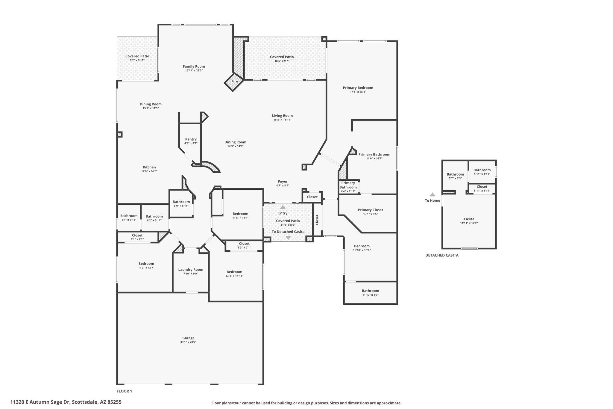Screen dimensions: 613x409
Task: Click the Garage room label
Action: coord(188,338)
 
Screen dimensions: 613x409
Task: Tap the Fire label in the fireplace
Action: coord(235,82)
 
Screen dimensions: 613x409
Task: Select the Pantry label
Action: coord(191,139)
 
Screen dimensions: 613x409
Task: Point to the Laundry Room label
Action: coord(191,270)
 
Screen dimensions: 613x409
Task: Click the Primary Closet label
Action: coord(371,210)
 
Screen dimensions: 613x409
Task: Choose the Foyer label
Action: coord(283,182)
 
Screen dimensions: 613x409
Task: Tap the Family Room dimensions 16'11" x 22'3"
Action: coord(194,71)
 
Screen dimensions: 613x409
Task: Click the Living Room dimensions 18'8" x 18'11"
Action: coord(282,120)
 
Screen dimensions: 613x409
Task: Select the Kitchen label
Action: coord(149,167)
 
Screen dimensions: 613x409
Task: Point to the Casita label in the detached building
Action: coord(469,219)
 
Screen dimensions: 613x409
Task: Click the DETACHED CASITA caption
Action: coord(442,256)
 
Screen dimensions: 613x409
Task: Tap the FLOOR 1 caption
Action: coord(124,391)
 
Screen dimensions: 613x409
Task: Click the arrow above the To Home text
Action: coord(432,194)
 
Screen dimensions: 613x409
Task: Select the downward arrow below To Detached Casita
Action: coord(288,238)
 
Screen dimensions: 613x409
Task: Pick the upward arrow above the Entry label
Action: coord(283,207)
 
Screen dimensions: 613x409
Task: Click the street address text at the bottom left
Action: coord(66,402)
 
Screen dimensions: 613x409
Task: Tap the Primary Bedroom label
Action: coord(358,88)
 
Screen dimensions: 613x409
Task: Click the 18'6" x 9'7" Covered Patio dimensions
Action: coord(282,61)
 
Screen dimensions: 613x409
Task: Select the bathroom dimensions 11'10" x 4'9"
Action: coord(371,295)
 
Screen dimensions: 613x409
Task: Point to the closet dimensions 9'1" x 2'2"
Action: coord(137,239)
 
